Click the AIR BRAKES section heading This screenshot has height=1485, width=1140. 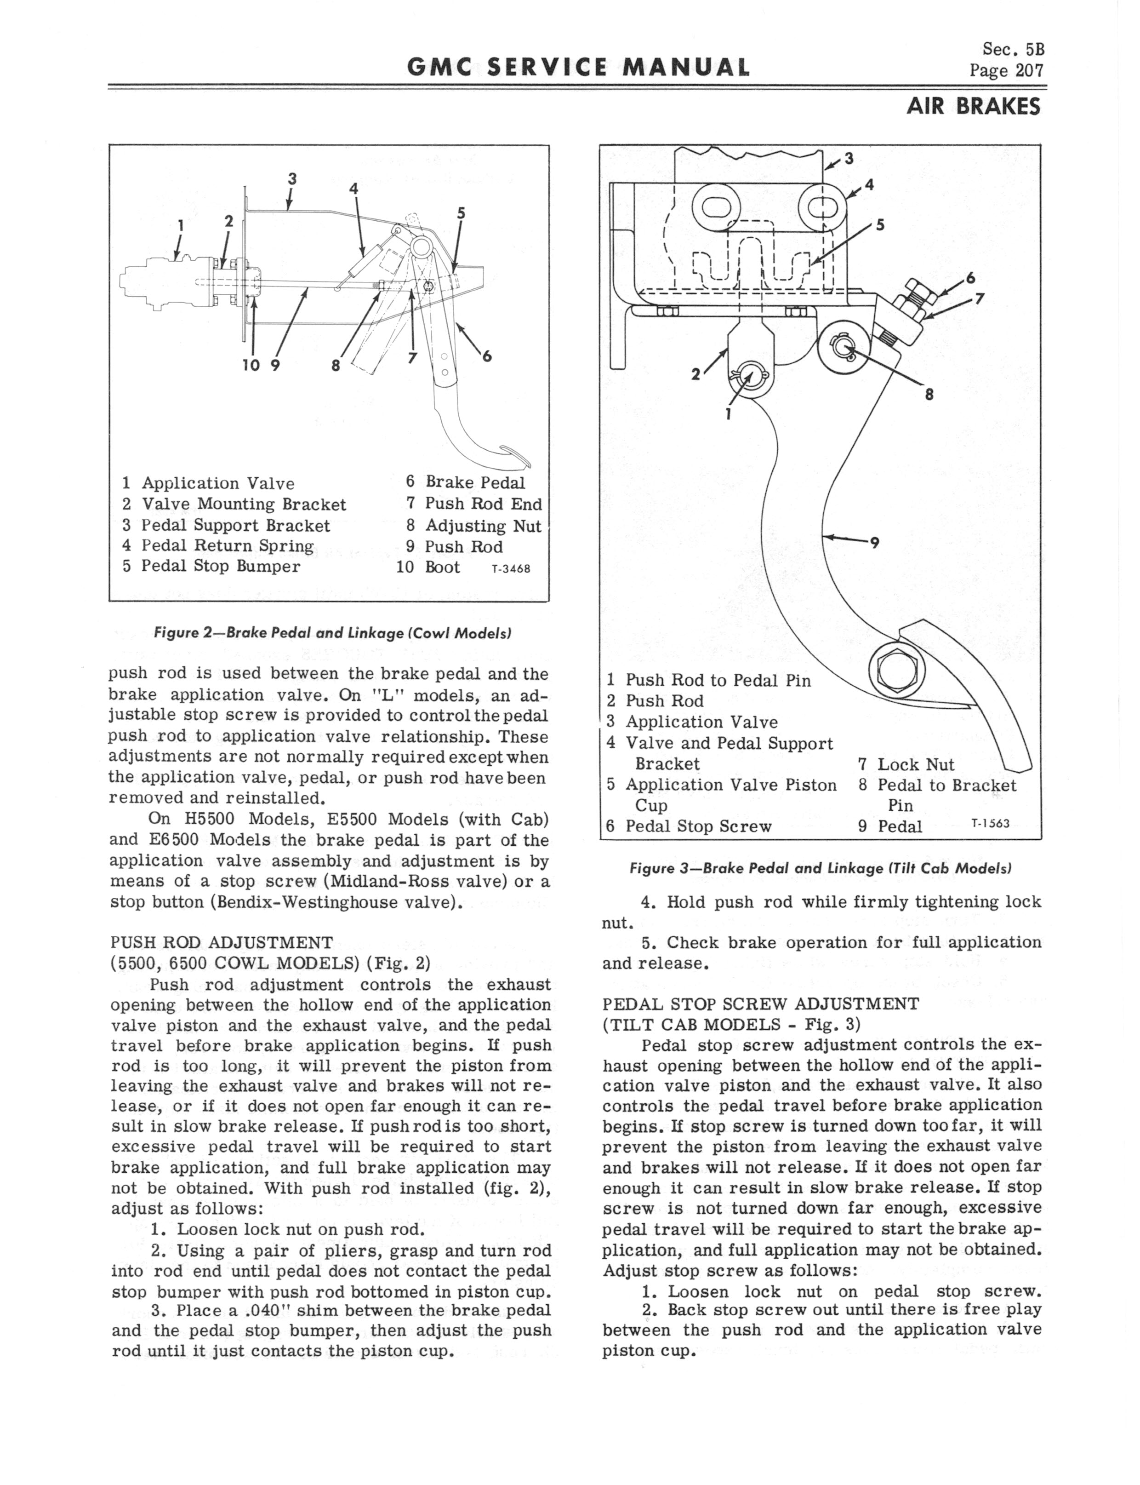(972, 107)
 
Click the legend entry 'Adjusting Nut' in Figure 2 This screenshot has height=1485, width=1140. (483, 526)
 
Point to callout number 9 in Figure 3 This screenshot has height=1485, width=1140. (875, 542)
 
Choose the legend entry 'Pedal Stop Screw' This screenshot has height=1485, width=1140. (698, 826)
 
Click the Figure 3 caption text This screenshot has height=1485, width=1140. (821, 868)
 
